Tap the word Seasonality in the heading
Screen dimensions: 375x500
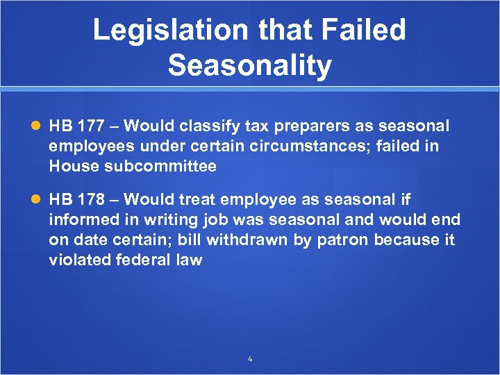pos(250,66)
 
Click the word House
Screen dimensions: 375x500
pos(72,166)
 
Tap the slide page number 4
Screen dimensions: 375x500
pos(250,359)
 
